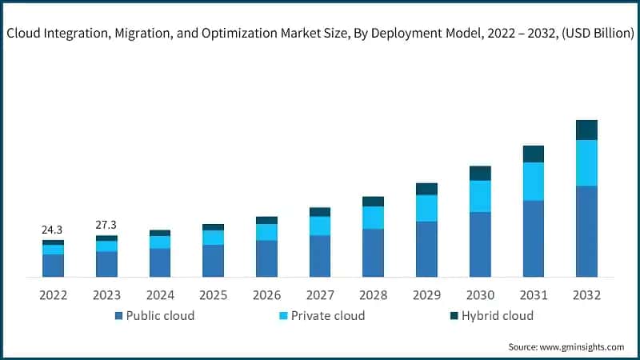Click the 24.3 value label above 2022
[53, 230]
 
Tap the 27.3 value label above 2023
[106, 226]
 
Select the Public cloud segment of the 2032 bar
[586, 231]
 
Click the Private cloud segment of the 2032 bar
[586, 163]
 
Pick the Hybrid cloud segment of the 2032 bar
[586, 130]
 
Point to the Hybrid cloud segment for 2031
[534, 154]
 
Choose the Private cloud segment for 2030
[480, 196]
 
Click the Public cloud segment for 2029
[426, 249]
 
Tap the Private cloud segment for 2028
[373, 218]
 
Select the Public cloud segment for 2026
[266, 258]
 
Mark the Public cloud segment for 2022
[53, 266]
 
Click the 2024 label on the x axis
[160, 295]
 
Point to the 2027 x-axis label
[320, 295]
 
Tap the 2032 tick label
[586, 295]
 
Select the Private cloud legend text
[328, 316]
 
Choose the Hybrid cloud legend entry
[497, 316]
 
